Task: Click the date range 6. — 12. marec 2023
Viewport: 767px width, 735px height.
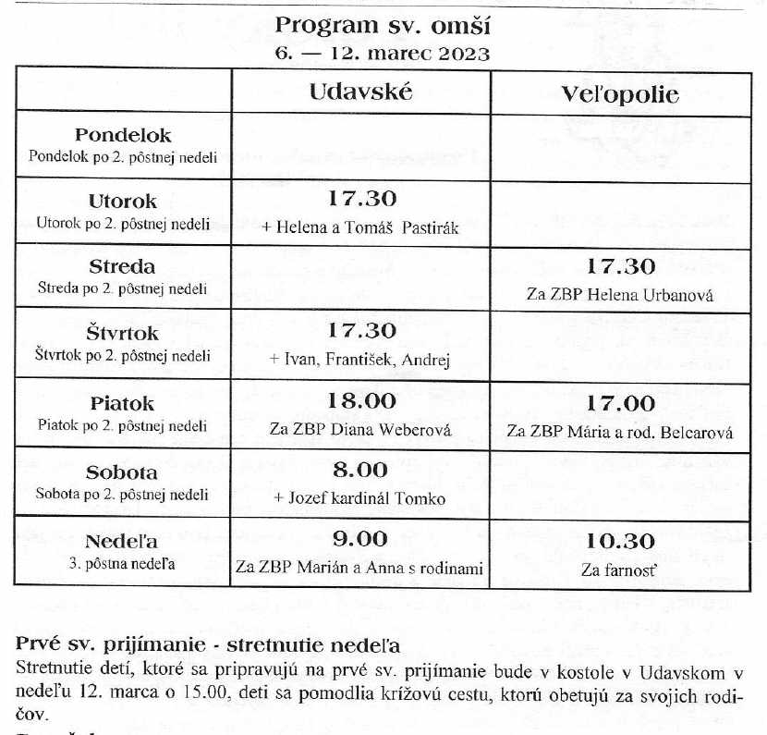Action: [x=382, y=53]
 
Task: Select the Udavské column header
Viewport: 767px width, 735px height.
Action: [x=360, y=92]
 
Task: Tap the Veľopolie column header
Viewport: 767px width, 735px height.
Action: [x=620, y=94]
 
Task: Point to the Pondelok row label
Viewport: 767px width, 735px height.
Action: [x=123, y=136]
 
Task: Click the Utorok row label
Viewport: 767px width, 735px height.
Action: [x=123, y=201]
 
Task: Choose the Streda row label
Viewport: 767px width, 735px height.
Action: [x=123, y=267]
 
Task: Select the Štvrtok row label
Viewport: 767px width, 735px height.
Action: [x=123, y=333]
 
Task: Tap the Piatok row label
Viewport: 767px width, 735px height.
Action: [x=123, y=403]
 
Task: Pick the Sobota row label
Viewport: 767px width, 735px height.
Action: [x=123, y=472]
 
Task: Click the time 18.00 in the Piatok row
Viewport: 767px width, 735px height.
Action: [x=361, y=401]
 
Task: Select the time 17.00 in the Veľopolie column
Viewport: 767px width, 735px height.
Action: [x=620, y=404]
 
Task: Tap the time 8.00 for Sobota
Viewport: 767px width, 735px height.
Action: [x=360, y=471]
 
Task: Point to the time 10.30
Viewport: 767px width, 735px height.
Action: [x=620, y=542]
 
